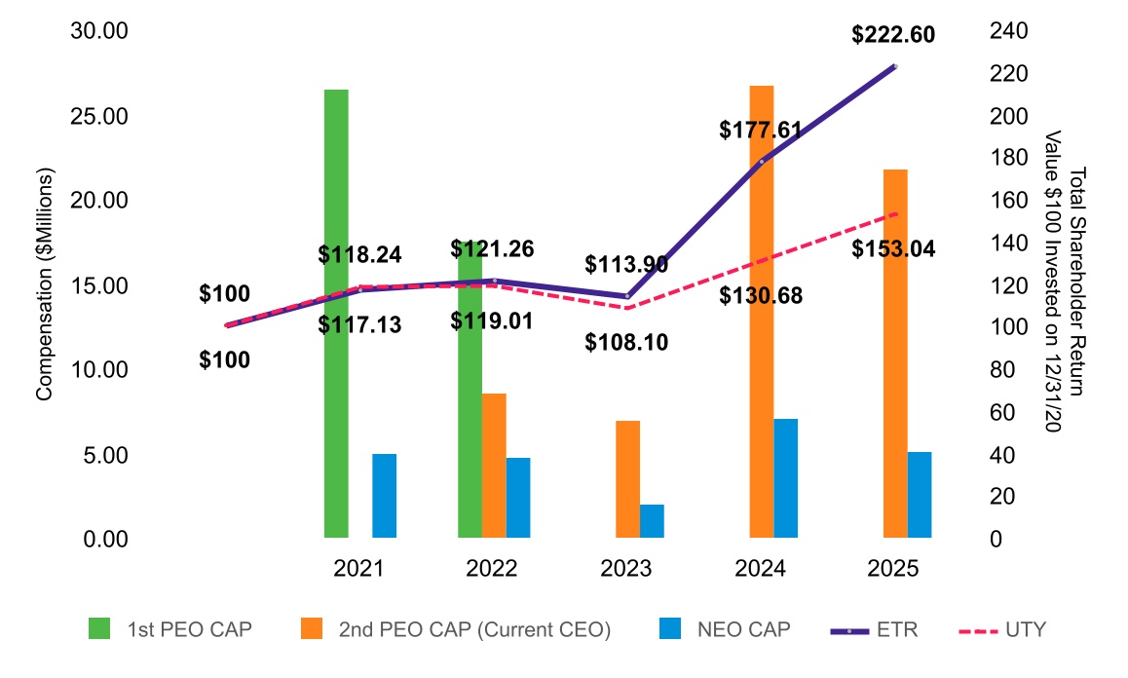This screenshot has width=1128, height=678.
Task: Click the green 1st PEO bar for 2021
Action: (x=336, y=313)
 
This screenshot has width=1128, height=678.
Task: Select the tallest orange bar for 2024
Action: (x=762, y=312)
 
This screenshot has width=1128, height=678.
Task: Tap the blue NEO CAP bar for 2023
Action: (x=652, y=521)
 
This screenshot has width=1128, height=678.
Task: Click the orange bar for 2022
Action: (x=494, y=466)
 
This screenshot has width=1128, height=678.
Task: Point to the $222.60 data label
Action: (x=893, y=35)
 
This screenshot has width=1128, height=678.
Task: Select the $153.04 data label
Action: (x=893, y=249)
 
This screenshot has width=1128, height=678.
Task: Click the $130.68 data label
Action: (x=761, y=295)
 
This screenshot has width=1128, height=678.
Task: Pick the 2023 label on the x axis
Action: (x=626, y=569)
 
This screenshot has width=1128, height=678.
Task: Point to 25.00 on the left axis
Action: (x=101, y=116)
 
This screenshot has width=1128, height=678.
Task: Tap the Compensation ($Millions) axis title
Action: (x=45, y=284)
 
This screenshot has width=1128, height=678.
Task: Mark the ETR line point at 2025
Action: (x=895, y=66)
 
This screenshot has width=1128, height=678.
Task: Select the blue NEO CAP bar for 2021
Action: (x=385, y=496)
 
